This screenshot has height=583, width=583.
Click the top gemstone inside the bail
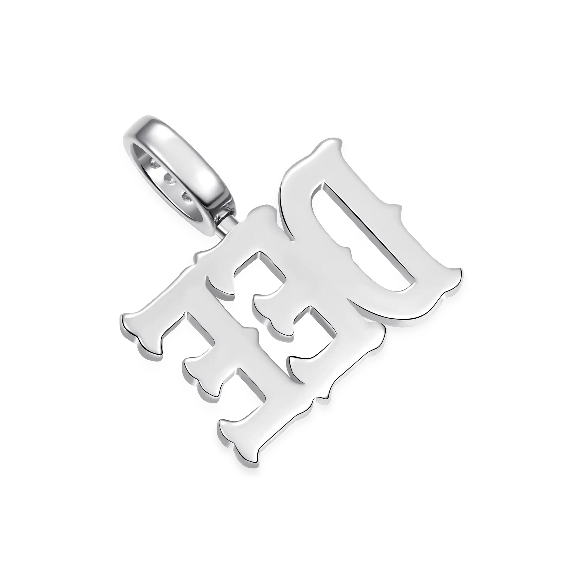coord(155,164)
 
